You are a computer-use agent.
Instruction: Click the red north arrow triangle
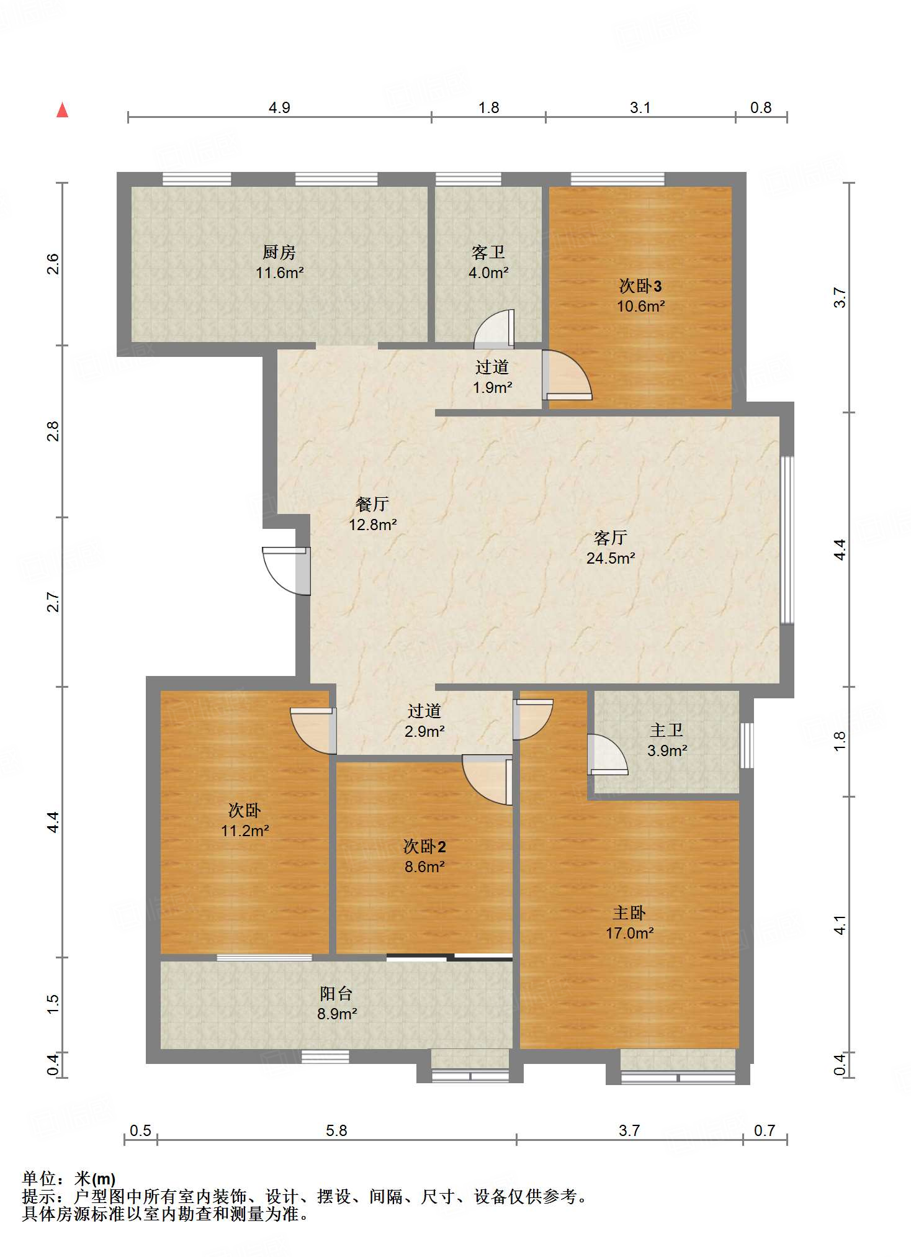click(62, 110)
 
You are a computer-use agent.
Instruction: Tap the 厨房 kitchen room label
click(279, 252)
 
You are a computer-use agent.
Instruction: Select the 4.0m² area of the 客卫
click(488, 273)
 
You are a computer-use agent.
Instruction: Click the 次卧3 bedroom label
click(640, 286)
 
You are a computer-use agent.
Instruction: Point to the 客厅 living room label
click(611, 538)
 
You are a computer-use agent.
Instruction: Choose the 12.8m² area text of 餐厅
click(372, 525)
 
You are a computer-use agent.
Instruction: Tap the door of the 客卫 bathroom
click(494, 329)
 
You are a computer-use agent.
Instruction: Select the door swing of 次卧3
click(567, 375)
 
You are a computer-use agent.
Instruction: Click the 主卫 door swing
click(608, 755)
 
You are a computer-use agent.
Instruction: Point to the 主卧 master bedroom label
click(629, 912)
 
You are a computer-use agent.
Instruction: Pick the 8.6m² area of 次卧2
click(424, 867)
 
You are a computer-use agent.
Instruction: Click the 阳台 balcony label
click(336, 993)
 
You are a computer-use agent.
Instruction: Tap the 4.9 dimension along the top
click(279, 107)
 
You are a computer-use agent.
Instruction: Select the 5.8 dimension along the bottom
click(336, 1130)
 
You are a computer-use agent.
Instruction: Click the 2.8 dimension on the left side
click(53, 431)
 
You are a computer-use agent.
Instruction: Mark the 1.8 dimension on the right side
click(840, 741)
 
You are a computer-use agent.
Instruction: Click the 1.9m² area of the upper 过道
click(492, 388)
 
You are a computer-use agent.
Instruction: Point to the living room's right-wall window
click(787, 539)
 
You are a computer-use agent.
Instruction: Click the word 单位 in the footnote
click(39, 1178)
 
